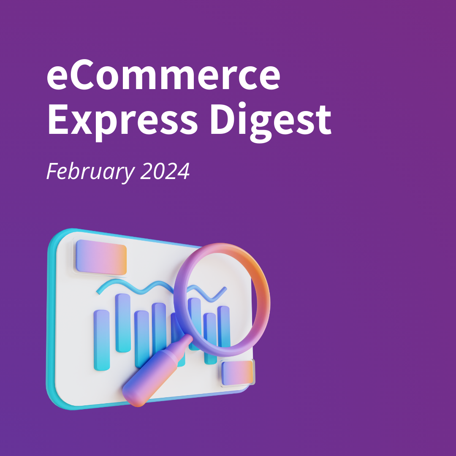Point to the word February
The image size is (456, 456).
[88, 172]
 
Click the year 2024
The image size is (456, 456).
[165, 171]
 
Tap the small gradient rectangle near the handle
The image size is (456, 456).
[237, 372]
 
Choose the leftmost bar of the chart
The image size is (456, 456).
[101, 340]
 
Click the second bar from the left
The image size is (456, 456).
[123, 323]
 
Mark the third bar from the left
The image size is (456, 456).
[141, 338]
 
